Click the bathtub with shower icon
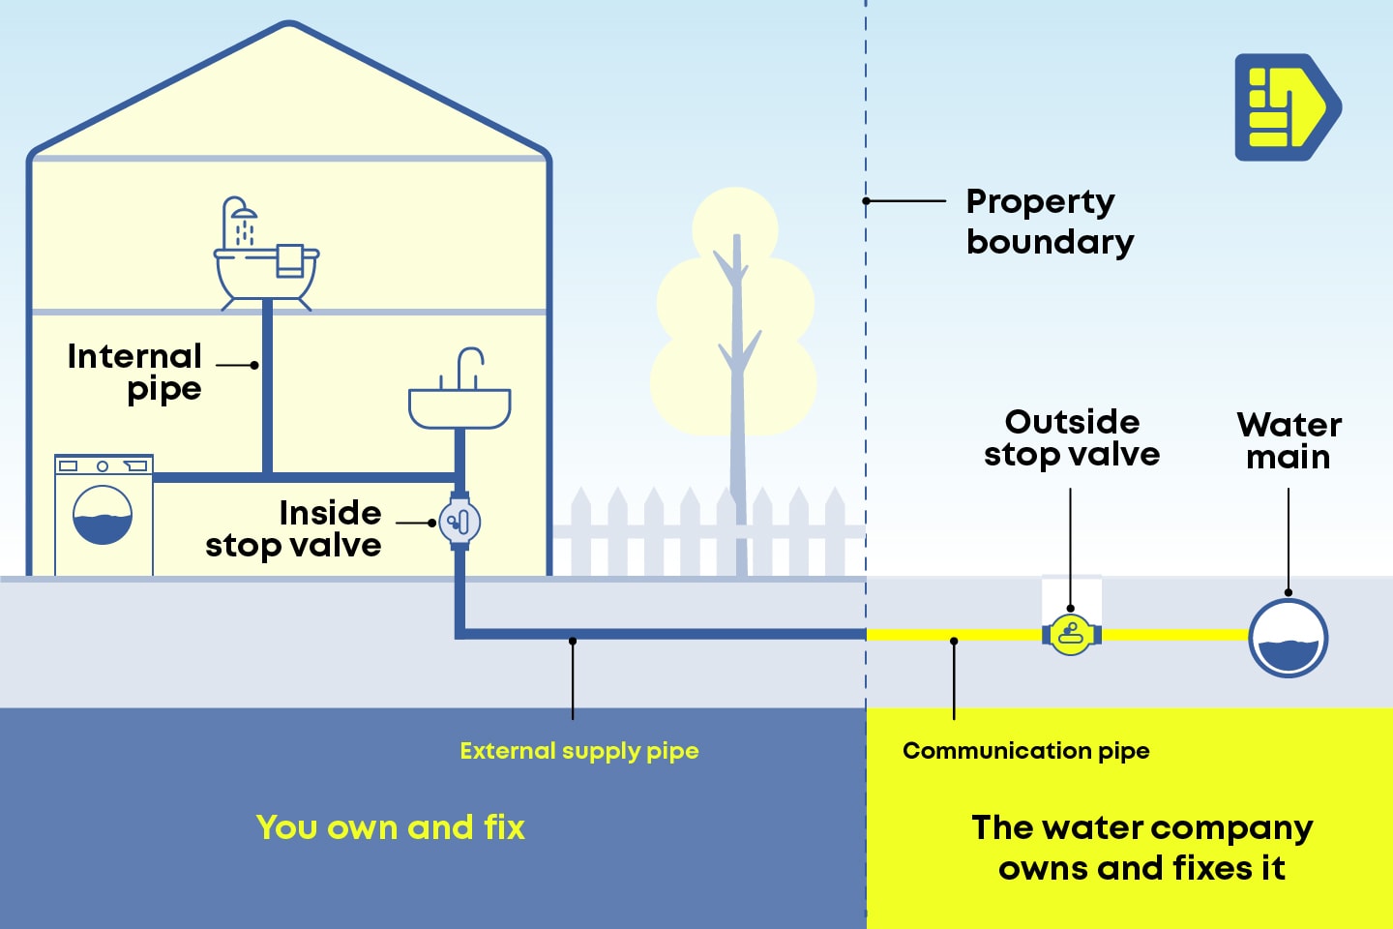click(266, 271)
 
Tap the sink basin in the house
click(459, 408)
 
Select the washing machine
click(104, 515)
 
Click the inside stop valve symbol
click(459, 523)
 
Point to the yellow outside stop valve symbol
click(1071, 635)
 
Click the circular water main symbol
click(1288, 639)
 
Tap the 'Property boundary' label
click(1049, 222)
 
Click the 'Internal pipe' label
click(135, 372)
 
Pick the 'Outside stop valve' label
click(1072, 437)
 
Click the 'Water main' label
click(1288, 440)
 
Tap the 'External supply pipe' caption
click(578, 751)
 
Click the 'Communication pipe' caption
click(1025, 751)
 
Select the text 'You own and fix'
click(390, 827)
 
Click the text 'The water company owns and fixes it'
click(1141, 848)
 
